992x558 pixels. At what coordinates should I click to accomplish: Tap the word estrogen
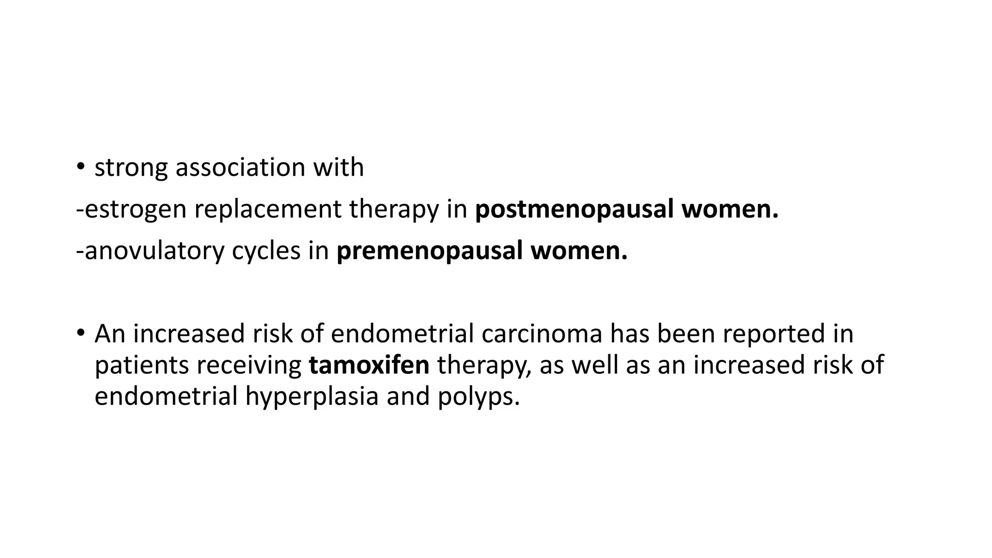(x=135, y=210)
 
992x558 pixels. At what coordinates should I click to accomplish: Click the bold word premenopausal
(x=429, y=251)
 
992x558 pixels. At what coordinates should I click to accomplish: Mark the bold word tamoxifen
(x=369, y=365)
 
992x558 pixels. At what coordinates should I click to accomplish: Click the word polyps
(x=479, y=396)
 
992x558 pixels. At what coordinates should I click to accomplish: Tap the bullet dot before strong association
(x=80, y=168)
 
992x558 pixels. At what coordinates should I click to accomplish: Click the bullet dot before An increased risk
(x=80, y=333)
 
